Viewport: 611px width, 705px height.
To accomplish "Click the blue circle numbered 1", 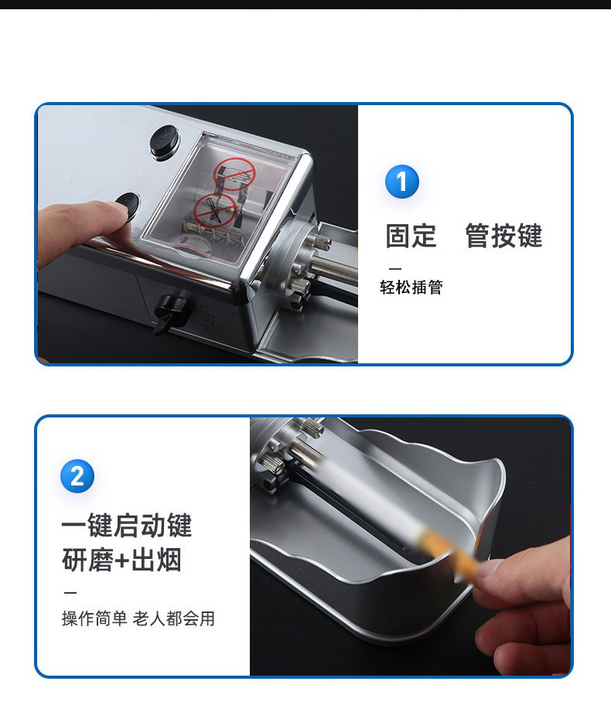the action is (x=401, y=182).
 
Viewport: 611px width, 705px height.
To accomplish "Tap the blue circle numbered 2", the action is (x=77, y=476).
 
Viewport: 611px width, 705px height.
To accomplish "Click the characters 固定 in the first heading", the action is (x=411, y=235).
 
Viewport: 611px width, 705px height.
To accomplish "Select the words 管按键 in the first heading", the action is (x=504, y=235).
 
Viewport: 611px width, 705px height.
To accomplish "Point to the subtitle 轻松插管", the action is (x=411, y=287).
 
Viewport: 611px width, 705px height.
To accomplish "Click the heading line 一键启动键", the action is (x=127, y=525).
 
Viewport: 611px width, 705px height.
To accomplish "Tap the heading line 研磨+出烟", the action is (x=122, y=560).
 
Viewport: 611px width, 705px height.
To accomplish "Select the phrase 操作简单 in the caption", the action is (x=94, y=618).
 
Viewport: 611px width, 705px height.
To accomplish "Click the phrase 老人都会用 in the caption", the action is (x=174, y=618).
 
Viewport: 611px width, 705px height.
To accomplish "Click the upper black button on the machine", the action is (x=165, y=141).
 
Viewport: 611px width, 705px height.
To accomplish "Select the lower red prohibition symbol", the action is (x=214, y=210).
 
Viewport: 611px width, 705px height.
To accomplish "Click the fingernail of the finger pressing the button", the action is (x=118, y=207).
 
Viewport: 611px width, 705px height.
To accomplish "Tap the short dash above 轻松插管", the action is (x=394, y=269).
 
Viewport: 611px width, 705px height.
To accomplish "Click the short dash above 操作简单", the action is (x=70, y=593).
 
